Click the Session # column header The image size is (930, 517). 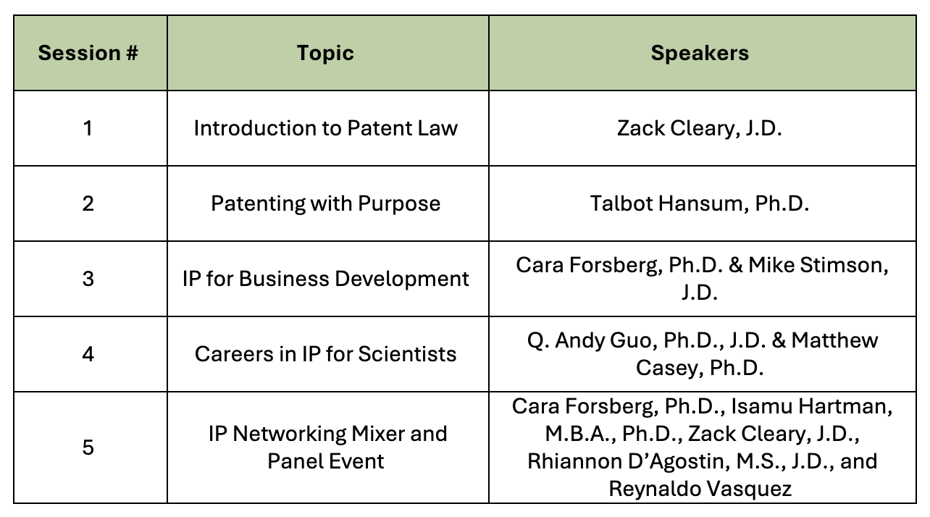(88, 53)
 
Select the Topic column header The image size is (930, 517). (325, 53)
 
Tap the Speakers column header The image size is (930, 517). (700, 53)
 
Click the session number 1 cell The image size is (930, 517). (88, 127)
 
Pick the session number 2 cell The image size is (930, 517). (88, 203)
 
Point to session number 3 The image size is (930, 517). (88, 279)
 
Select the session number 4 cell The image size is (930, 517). (88, 354)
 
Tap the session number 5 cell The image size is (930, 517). (88, 447)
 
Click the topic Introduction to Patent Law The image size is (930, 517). (326, 127)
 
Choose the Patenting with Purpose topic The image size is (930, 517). (325, 203)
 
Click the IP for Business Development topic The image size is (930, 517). (325, 279)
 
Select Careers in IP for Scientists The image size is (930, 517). (325, 354)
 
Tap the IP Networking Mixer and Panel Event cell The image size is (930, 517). (327, 447)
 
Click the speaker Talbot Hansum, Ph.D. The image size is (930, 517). (700, 203)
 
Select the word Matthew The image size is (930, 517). (834, 340)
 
